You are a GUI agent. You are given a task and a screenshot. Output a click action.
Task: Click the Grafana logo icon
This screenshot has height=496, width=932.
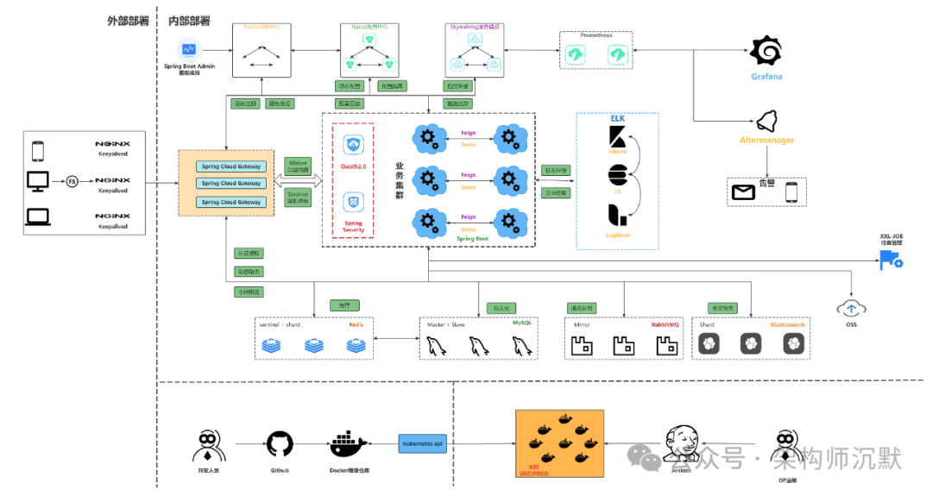coord(765,52)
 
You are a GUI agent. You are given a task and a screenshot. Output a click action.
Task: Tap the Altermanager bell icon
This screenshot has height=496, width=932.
coord(767,121)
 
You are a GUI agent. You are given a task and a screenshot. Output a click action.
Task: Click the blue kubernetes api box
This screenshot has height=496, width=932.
coord(422,443)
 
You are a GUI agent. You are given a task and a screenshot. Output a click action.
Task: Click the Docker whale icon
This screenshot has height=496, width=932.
coord(349,445)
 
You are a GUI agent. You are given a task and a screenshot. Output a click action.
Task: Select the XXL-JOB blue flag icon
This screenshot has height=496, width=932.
coord(890,260)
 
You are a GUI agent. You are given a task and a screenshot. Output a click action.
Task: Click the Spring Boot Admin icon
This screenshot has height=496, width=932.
coord(189,51)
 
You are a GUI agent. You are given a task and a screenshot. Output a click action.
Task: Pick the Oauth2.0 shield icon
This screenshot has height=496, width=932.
coord(352,144)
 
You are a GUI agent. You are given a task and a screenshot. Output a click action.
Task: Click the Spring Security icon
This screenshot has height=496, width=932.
coord(352,203)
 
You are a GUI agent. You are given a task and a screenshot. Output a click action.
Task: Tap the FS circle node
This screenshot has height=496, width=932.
coord(72,181)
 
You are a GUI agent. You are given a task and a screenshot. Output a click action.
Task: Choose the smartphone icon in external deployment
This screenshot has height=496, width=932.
coord(37,151)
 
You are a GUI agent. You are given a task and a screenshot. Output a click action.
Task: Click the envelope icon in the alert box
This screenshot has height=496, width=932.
coord(743,192)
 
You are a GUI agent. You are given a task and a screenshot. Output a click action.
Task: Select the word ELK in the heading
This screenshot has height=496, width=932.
coord(617,118)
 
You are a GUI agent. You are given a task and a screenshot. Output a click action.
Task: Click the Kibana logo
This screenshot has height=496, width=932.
coord(618,137)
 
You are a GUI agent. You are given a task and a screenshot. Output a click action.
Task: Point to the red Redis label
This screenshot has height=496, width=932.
coord(356,324)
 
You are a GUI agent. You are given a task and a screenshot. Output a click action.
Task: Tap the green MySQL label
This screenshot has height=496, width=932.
coord(523,323)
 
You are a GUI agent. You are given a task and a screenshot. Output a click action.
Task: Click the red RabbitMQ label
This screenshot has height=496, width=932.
coord(667,324)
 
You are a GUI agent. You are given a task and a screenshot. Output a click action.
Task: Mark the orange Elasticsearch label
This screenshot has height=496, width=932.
coord(787,324)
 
